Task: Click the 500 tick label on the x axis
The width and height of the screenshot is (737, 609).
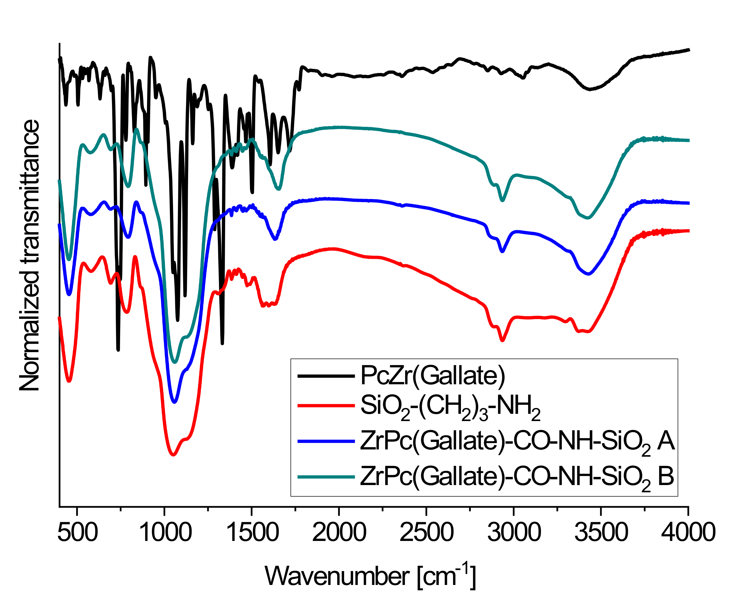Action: point(78,532)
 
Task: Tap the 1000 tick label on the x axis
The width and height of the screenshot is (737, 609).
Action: point(165,532)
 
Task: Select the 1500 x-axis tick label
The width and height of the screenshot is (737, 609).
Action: point(252,532)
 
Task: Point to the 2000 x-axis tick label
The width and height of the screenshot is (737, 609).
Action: point(339,532)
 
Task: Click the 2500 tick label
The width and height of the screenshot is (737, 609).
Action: point(427,532)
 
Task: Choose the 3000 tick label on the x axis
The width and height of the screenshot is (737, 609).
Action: point(514,532)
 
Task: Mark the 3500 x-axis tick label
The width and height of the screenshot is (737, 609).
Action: point(601,532)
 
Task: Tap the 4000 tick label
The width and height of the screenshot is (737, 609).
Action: point(688,532)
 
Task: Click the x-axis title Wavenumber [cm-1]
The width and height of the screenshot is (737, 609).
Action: point(370,576)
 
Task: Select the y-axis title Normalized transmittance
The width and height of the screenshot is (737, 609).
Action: point(30,255)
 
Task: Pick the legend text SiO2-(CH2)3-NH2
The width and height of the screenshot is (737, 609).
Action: point(450,407)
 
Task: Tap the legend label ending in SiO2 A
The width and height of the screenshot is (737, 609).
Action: point(517,442)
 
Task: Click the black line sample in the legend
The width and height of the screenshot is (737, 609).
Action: point(326,376)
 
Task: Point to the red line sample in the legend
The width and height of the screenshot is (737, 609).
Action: point(326,405)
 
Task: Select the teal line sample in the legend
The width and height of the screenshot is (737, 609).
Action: point(326,476)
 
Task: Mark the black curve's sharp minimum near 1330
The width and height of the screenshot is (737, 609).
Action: point(222,343)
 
